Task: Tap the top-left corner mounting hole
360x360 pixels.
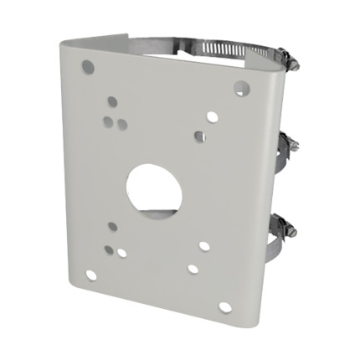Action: point(87,66)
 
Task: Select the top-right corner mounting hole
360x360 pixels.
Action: point(240,87)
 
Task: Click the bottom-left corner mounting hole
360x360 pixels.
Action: point(90,275)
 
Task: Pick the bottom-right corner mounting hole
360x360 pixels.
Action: point(225,307)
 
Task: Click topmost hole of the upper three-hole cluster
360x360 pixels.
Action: point(112,102)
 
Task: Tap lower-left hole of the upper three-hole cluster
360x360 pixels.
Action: point(108,121)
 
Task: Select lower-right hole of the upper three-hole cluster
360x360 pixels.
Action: point(122,126)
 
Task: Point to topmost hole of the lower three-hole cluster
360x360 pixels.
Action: point(112,226)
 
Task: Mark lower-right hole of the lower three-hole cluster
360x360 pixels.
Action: point(122,251)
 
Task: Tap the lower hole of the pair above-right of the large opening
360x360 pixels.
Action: point(199,136)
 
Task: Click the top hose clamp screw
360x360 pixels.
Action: point(285,59)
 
